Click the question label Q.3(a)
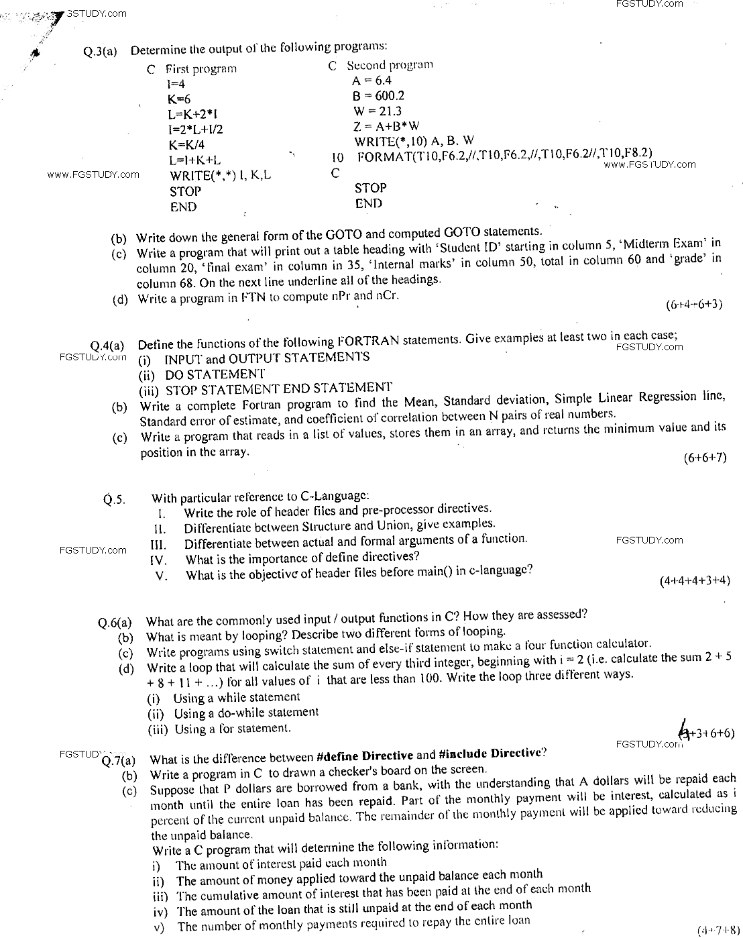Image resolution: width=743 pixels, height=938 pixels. coord(101,51)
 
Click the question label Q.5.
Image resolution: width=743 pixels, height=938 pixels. coord(115,499)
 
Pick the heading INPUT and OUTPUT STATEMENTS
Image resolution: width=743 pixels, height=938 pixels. coord(267,358)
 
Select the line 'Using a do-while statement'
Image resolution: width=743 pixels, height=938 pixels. coord(245,713)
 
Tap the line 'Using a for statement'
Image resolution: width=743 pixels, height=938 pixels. coord(232,729)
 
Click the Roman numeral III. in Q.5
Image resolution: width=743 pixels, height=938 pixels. coord(158,543)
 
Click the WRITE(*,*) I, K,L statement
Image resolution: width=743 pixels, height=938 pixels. coord(221,176)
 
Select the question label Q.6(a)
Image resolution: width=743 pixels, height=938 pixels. coord(115,623)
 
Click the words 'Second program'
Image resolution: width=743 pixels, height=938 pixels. coord(390,65)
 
